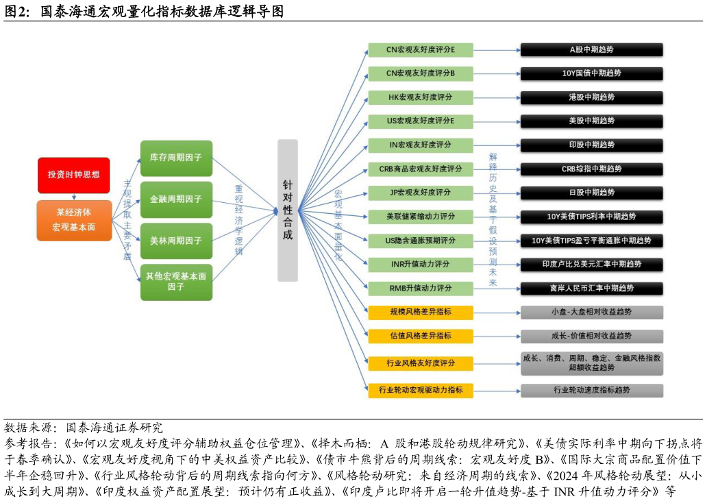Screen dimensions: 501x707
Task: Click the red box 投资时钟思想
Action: tap(73, 175)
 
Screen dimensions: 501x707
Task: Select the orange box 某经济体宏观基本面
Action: tap(74, 220)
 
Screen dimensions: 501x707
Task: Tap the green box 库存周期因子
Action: tap(176, 158)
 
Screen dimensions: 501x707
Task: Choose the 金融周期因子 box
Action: tap(176, 199)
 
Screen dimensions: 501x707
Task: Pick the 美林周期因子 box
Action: tap(176, 241)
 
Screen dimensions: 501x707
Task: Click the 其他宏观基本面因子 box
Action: tap(176, 282)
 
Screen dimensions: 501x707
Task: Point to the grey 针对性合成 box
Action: tap(288, 210)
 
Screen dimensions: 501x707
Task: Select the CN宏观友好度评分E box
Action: tap(421, 49)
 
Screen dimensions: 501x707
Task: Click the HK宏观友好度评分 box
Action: tap(421, 97)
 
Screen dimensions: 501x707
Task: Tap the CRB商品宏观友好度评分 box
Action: tap(421, 169)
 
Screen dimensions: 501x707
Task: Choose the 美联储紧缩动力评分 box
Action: tap(421, 217)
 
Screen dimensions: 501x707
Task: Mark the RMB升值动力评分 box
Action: tap(421, 288)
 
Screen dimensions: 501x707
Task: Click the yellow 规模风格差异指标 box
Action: tap(421, 312)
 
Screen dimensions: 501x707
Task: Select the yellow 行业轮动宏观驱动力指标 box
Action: tap(421, 390)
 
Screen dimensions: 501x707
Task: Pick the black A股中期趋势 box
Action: tap(592, 49)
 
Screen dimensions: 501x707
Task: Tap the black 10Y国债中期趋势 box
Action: tap(592, 73)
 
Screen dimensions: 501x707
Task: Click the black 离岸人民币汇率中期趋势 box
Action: tap(592, 289)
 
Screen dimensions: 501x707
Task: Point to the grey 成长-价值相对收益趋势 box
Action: tap(592, 336)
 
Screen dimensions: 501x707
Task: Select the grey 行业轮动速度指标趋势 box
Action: tap(592, 390)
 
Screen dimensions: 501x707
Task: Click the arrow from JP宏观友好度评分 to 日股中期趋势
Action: tap(497, 193)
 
